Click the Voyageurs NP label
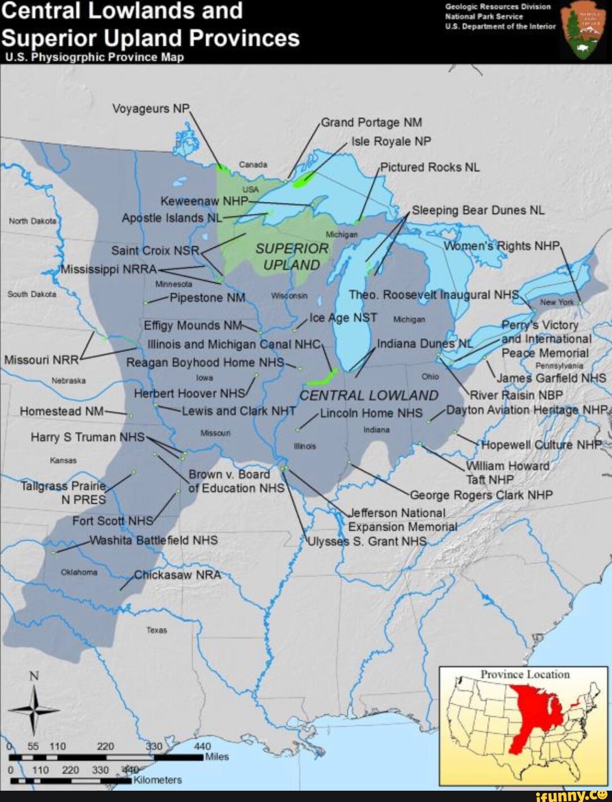(x=151, y=108)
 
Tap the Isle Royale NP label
(x=391, y=141)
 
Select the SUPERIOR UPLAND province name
(x=292, y=257)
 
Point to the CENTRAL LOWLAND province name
(x=368, y=395)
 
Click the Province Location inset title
(x=525, y=674)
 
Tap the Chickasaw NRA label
(x=177, y=575)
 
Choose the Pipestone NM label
(x=207, y=298)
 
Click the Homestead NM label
(x=61, y=411)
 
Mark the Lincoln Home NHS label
(x=371, y=413)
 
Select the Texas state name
(x=156, y=630)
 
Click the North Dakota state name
(x=32, y=221)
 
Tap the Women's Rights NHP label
(x=501, y=246)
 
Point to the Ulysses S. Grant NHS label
(x=367, y=541)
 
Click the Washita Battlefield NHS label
(x=154, y=540)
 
